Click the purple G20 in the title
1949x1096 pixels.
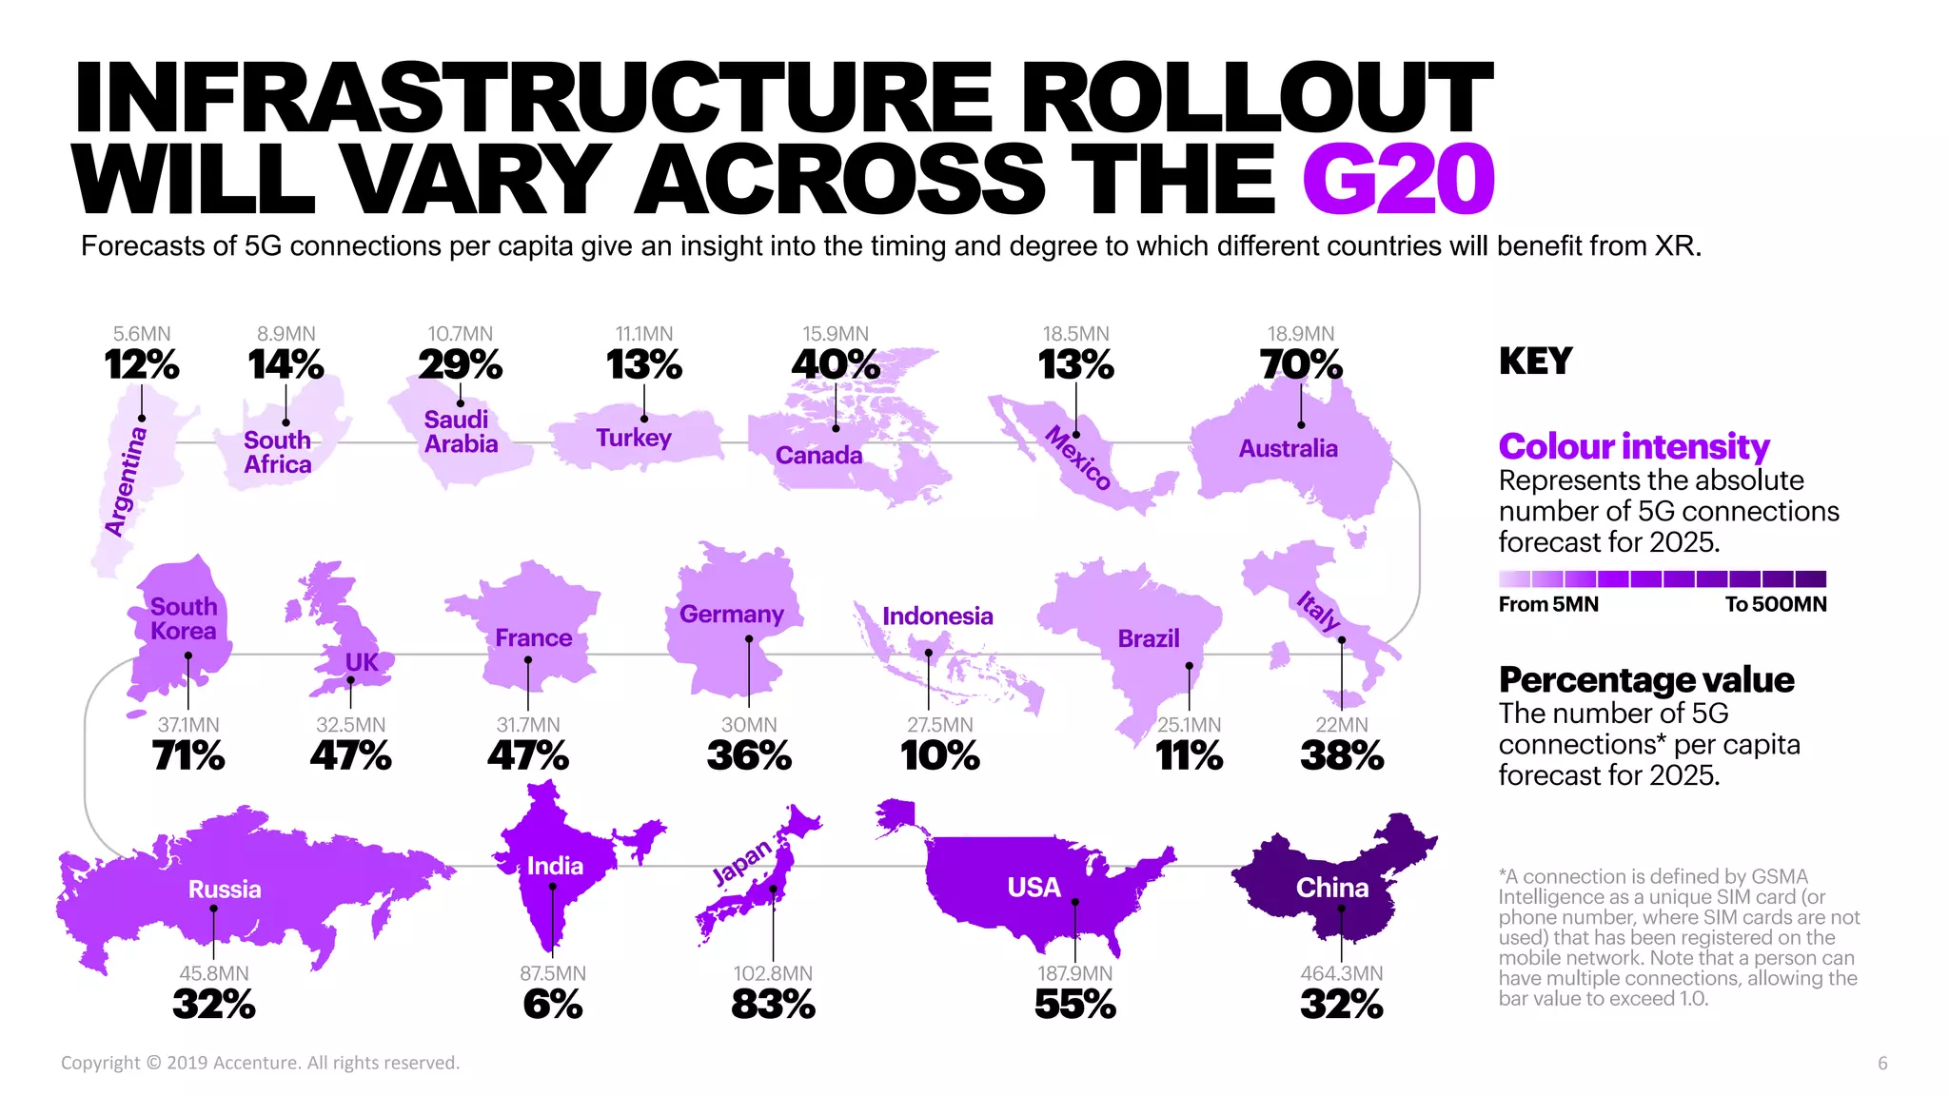[1398, 180]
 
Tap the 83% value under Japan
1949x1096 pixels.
[773, 1005]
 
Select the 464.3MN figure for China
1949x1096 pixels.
[1341, 973]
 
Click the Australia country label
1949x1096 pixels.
[1288, 448]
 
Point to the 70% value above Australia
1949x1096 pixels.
[1300, 365]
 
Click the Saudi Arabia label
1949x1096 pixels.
[461, 432]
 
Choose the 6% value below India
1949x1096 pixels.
[552, 1005]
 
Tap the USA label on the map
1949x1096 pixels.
[1034, 888]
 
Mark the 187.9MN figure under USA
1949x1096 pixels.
[1074, 973]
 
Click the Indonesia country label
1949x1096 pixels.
[937, 616]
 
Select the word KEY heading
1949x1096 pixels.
[1535, 362]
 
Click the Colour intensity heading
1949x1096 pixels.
[1633, 446]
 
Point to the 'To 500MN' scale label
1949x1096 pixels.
[1775, 604]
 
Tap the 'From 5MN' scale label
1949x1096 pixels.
[1548, 604]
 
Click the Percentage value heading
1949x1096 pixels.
[1645, 680]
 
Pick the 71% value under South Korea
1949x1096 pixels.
[187, 756]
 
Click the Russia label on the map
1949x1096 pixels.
[225, 890]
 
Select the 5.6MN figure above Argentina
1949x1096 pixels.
[142, 334]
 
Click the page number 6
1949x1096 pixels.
[1881, 1064]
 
